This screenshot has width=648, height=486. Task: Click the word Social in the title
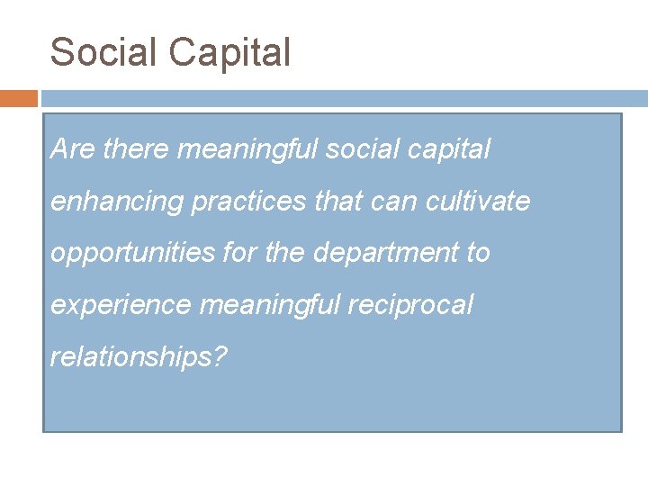[103, 52]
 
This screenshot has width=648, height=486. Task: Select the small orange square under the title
[19, 98]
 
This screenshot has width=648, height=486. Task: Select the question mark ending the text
[221, 357]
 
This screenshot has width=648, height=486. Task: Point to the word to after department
[478, 254]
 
